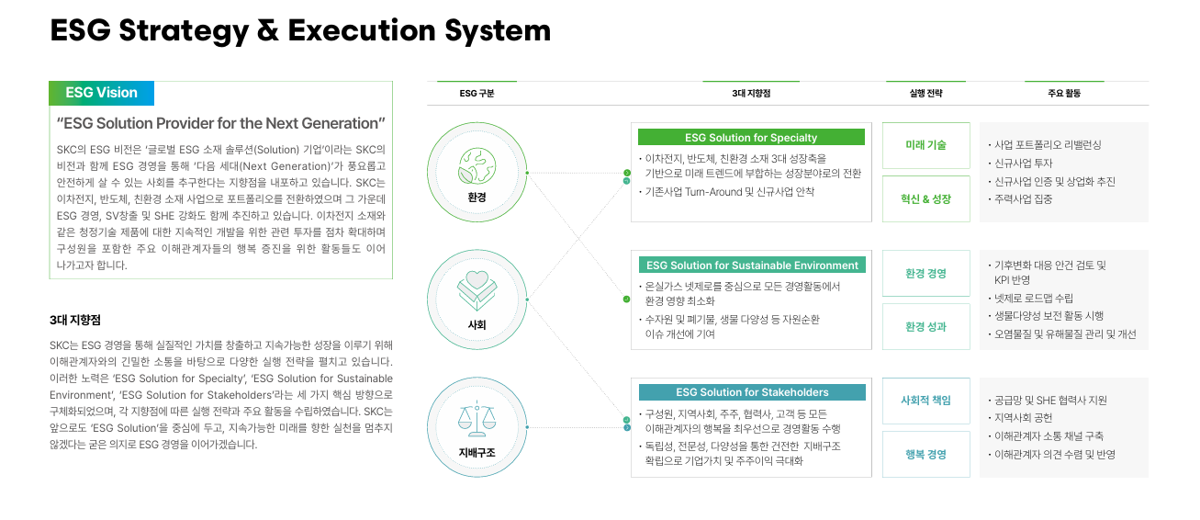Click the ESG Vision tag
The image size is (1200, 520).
[102, 93]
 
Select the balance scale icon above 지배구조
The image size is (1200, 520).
[477, 418]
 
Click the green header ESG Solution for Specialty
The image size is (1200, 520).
[751, 138]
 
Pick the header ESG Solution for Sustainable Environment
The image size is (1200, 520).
[751, 266]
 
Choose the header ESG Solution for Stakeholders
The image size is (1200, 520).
[751, 392]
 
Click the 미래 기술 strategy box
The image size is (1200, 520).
[925, 145]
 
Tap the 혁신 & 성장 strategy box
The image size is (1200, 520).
[925, 199]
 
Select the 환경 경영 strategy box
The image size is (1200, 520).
[925, 273]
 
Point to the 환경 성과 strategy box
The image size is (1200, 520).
[925, 327]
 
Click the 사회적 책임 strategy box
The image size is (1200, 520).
[925, 401]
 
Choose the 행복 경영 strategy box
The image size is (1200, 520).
[925, 455]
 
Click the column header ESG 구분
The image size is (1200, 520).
[477, 94]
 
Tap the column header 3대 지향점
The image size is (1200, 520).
[751, 94]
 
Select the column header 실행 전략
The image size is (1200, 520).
[925, 94]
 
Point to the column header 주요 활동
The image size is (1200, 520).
[1064, 94]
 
